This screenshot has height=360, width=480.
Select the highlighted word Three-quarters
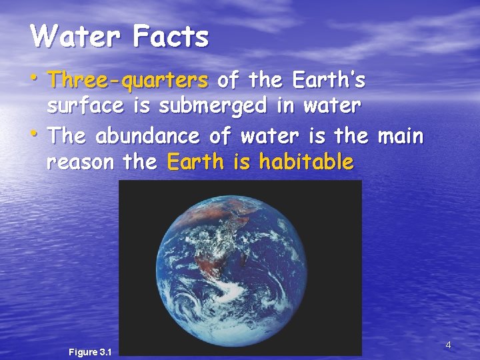[x=129, y=81]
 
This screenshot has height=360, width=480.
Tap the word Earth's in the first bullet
[x=326, y=81]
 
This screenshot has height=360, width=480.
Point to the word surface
[x=84, y=106]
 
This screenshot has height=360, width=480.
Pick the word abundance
[x=147, y=136]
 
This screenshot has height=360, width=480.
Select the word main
[x=399, y=136]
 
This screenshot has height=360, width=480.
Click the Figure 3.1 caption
[x=90, y=352]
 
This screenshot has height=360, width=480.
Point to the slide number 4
[x=448, y=345]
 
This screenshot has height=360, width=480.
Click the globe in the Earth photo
[x=240, y=267]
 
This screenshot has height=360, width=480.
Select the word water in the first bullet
[x=332, y=106]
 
